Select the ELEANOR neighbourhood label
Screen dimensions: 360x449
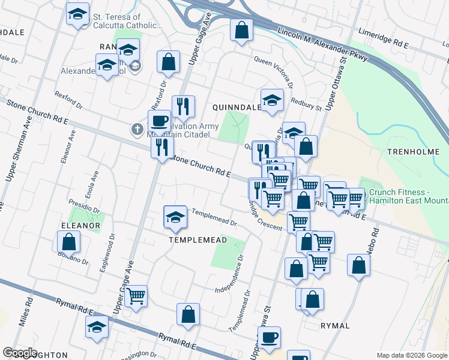coord(80,226)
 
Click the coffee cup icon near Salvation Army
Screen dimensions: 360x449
coord(159,121)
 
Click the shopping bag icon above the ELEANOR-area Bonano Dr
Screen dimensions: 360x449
coord(69,242)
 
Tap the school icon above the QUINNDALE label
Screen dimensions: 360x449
coord(272,100)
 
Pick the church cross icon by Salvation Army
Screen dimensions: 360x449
coord(137,128)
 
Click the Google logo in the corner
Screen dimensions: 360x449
coord(20,353)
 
